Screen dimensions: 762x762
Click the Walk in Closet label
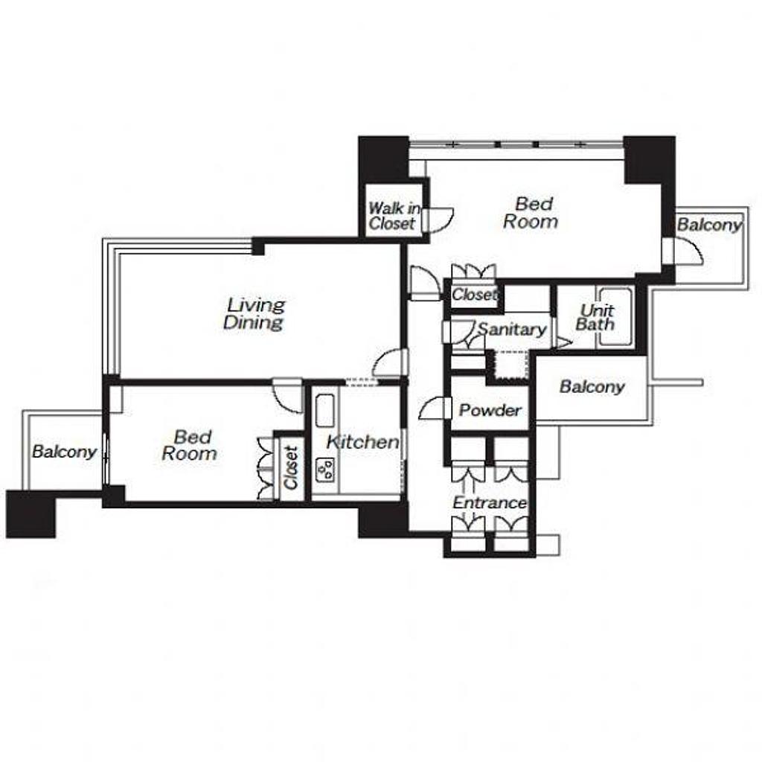tap(394, 216)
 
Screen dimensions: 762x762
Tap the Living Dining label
tap(254, 314)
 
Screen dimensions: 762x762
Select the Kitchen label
tap(362, 442)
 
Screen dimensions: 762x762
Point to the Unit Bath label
tap(596, 317)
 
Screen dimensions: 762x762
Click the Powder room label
tap(490, 410)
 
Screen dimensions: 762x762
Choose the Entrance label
tap(490, 502)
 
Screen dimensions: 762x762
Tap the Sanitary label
tap(512, 330)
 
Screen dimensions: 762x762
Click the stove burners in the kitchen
tap(325, 470)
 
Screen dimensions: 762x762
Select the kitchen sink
tap(325, 411)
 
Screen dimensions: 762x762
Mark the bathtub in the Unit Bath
tap(615, 317)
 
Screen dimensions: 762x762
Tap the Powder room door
tap(435, 408)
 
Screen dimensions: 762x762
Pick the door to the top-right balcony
tap(686, 251)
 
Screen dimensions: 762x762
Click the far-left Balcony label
tap(64, 452)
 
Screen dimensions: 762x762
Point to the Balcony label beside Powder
tap(592, 387)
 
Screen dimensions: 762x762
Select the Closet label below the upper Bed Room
tap(475, 295)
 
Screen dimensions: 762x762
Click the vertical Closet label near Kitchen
tap(291, 468)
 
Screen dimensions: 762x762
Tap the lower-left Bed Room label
tap(190, 445)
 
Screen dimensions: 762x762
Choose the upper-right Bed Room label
tap(531, 213)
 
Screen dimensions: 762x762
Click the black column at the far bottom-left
tap(31, 514)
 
